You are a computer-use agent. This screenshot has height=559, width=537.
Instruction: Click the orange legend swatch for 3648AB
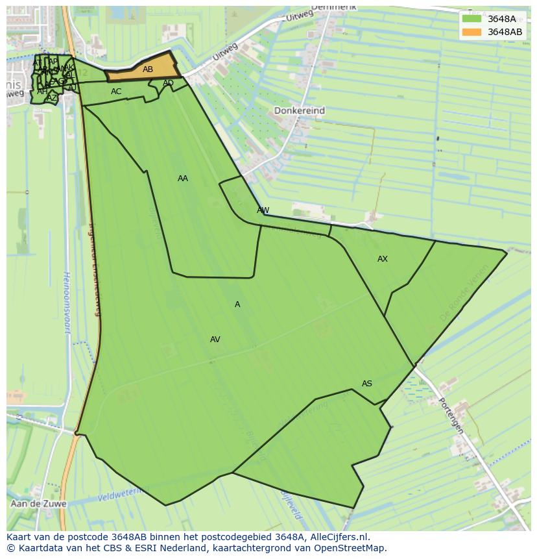(471, 32)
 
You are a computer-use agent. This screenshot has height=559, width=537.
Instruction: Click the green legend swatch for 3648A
(471, 19)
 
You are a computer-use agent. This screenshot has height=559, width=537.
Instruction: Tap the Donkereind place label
(299, 111)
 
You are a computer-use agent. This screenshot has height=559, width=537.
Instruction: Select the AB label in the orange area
(148, 69)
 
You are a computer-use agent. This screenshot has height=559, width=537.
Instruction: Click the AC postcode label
(116, 92)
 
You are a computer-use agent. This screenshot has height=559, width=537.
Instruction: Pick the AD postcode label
(168, 83)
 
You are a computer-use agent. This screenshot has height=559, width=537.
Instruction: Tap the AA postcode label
(183, 179)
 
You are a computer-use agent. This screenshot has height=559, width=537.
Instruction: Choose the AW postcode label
(263, 210)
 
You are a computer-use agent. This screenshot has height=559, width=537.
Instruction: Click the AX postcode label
(383, 259)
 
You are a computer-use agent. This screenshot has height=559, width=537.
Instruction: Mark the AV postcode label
(215, 340)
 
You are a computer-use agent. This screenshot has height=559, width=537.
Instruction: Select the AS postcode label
(367, 384)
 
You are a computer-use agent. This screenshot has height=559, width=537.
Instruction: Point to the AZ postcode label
(51, 98)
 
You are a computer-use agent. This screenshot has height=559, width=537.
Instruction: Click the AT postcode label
(37, 63)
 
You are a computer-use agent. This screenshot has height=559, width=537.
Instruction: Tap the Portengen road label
(451, 416)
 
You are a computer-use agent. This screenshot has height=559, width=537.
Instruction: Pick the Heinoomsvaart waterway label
(66, 301)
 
